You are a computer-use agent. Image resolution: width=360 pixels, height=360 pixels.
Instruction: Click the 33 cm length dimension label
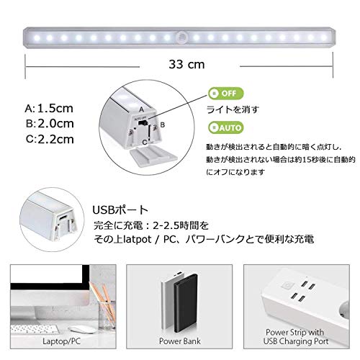tap(186, 64)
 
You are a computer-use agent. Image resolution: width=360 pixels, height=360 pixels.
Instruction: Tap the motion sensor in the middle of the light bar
tap(181, 37)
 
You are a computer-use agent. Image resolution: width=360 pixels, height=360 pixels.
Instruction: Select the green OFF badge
tap(226, 94)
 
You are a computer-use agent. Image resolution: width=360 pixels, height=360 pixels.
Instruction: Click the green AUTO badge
tap(226, 127)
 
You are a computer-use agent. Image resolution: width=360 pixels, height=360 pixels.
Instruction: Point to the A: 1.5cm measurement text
tap(49, 109)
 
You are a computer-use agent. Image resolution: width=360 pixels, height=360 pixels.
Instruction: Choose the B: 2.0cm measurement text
tap(50, 124)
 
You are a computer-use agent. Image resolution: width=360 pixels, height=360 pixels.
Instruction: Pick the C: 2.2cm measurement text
tap(50, 139)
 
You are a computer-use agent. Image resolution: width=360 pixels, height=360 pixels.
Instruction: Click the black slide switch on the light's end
tap(143, 123)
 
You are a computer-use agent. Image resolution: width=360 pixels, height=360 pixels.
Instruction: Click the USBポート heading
tap(120, 210)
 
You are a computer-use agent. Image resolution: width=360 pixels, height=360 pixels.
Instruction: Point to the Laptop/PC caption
tap(61, 341)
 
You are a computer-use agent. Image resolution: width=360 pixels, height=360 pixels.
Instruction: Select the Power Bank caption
tap(180, 341)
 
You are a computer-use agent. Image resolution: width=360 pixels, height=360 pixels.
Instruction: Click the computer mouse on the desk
tap(81, 330)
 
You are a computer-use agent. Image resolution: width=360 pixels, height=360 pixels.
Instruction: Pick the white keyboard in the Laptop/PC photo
tap(35, 329)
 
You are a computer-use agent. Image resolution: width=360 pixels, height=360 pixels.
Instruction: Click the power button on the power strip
tap(287, 286)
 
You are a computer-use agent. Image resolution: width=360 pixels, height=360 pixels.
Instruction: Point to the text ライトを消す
tap(233, 109)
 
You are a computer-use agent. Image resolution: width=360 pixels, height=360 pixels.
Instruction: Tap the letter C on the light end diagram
tap(145, 143)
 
